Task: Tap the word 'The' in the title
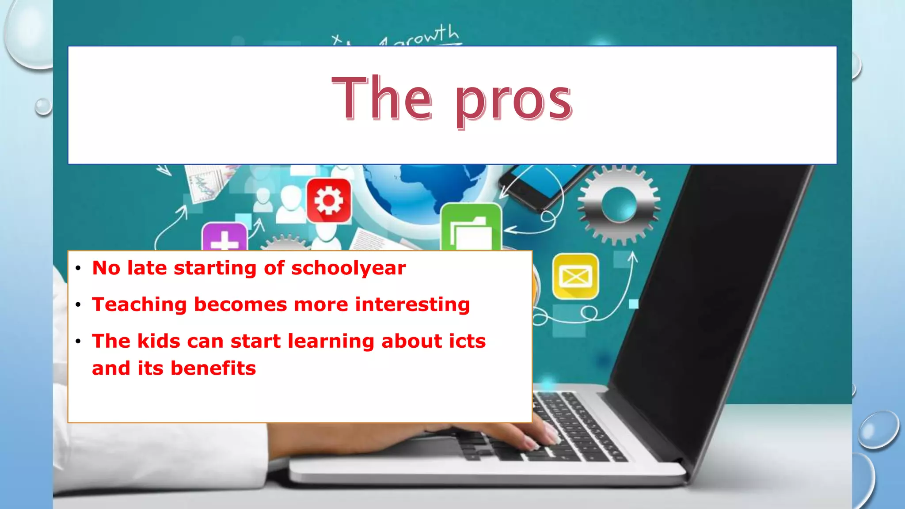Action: [x=382, y=98]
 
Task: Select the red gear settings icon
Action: [x=329, y=201]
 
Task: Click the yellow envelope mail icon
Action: [x=575, y=277]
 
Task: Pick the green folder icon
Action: [x=471, y=227]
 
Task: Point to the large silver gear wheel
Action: [x=619, y=205]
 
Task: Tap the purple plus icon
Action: [x=224, y=237]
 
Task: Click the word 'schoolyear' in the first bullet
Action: [x=348, y=268]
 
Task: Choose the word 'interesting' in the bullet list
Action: [x=412, y=305]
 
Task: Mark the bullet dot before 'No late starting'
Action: [x=78, y=268]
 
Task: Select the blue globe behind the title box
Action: [x=424, y=186]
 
